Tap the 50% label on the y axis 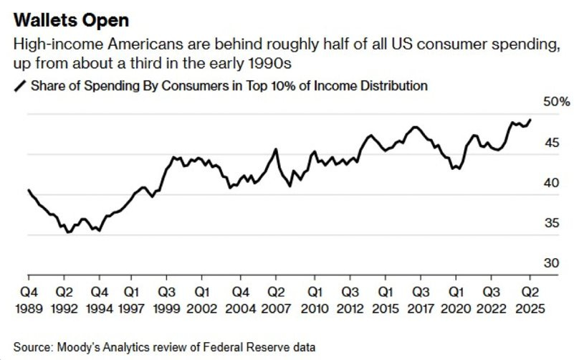click(555, 103)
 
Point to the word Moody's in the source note click(79, 347)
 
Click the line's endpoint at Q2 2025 click(530, 119)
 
